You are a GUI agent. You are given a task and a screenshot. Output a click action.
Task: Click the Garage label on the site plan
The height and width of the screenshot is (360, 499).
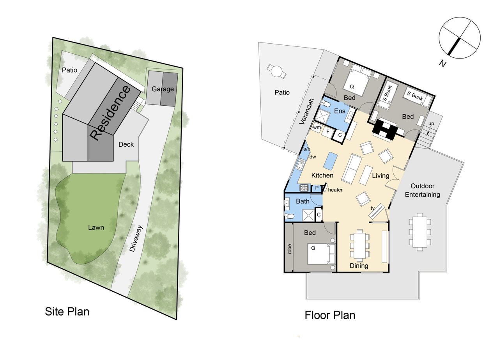coord(163,89)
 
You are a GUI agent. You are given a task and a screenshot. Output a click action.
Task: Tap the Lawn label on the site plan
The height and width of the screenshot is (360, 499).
coord(96,228)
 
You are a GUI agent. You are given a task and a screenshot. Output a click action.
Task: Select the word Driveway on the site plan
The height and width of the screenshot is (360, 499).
coord(136,239)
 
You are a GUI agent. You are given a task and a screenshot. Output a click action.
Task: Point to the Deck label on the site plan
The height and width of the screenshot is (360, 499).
coord(126,144)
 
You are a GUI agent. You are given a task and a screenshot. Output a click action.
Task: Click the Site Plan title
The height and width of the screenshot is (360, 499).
coord(67,311)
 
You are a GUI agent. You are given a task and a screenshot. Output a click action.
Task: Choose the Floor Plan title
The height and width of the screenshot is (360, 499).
coord(330,315)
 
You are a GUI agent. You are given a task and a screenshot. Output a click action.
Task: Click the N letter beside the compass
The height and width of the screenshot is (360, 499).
coord(443,64)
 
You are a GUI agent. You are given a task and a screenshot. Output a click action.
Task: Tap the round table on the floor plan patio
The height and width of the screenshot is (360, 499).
coord(277,71)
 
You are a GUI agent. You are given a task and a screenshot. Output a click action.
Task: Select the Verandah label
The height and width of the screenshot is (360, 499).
coord(306,111)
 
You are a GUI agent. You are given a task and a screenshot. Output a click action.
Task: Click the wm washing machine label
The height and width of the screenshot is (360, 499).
coord(317,128)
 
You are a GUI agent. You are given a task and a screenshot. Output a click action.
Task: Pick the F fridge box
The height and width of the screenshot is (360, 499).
coord(328,131)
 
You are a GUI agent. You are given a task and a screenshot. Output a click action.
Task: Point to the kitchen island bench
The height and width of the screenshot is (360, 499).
coord(330,161)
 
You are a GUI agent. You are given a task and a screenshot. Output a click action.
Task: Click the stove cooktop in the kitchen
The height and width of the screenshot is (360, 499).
coord(304,188)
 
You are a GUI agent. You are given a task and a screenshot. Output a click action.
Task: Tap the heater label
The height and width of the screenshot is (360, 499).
coord(335,190)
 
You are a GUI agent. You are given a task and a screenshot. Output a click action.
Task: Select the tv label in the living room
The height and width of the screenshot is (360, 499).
coord(372,208)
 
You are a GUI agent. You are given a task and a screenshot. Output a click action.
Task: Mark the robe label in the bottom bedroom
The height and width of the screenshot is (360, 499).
coord(289,249)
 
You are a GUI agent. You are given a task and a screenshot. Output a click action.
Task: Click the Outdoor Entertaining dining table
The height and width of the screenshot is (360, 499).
coord(420,232)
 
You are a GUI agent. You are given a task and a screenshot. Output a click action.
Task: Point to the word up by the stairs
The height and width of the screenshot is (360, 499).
coord(431,124)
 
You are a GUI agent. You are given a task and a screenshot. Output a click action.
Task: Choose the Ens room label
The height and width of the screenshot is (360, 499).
coord(340,111)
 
